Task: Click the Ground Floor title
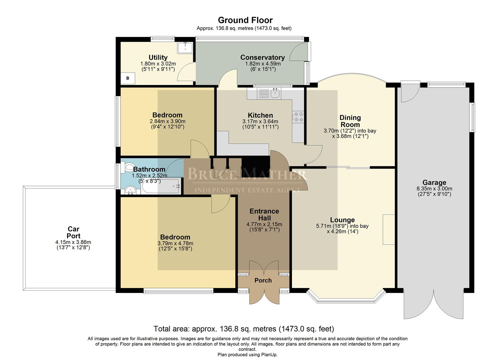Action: (x=245, y=20)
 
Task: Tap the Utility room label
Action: (x=158, y=57)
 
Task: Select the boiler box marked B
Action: (x=128, y=78)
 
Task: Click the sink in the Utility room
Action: (x=185, y=48)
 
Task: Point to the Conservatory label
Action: (x=263, y=57)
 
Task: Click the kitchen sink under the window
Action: (x=275, y=93)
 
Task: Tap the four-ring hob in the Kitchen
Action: (x=298, y=117)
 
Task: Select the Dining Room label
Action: (x=350, y=121)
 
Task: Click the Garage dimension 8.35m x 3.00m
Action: (x=434, y=189)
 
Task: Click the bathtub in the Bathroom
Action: (x=161, y=186)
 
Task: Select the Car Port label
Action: (x=73, y=232)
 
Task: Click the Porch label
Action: (x=263, y=280)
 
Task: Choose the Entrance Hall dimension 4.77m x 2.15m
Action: (x=264, y=224)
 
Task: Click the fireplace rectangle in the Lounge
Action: (x=389, y=229)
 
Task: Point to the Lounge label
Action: (x=342, y=220)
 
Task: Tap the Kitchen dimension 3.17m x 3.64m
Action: (x=260, y=121)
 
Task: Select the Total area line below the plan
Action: (x=244, y=329)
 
